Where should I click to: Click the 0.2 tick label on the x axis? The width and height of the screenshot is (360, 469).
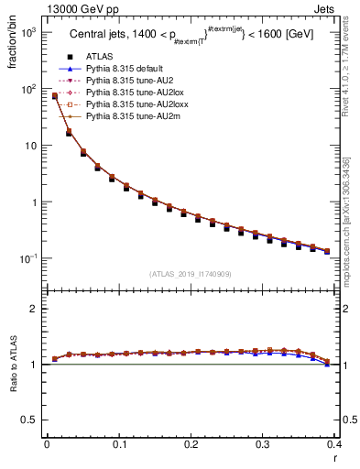pyautogui.click(x=191, y=445)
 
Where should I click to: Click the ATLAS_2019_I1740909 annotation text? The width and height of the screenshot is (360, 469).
pyautogui.click(x=191, y=274)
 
